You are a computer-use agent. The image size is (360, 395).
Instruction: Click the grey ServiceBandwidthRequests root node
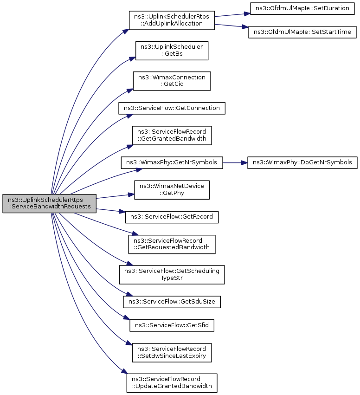point(49,203)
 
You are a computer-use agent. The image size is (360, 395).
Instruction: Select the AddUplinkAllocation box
point(172,20)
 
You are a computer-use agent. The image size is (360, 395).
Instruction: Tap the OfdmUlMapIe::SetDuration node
point(302,8)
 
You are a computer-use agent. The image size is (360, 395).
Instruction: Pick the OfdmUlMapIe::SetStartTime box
point(302,32)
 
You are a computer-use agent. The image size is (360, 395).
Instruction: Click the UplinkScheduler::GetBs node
point(172,51)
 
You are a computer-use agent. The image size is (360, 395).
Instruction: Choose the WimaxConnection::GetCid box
point(172,81)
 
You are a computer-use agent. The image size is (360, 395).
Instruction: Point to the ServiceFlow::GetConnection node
point(172,108)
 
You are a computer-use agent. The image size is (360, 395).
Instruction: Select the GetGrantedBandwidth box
point(172,135)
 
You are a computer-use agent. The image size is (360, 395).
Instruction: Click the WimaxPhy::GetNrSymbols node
point(172,162)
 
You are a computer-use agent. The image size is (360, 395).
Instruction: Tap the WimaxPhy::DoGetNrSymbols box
point(302,162)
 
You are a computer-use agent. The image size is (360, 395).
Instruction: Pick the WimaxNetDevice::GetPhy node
point(172,190)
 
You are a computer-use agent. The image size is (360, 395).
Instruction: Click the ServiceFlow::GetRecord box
point(172,217)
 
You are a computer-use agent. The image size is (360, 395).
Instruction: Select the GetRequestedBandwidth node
point(172,244)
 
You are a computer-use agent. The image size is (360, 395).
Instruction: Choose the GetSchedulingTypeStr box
point(172,275)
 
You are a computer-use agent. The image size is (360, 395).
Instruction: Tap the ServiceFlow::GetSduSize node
point(172,302)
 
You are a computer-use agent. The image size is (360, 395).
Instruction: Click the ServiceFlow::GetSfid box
point(172,325)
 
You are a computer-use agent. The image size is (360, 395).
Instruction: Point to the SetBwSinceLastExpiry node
point(172,353)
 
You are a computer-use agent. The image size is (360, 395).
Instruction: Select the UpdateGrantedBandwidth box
point(172,383)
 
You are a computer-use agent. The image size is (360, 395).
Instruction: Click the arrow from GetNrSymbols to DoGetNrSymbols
point(235,163)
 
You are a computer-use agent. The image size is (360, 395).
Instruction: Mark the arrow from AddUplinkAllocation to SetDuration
point(232,15)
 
